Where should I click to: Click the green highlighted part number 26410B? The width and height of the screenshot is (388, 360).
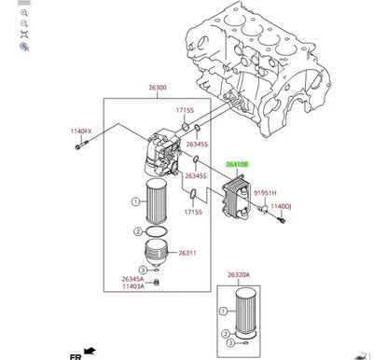[237, 164]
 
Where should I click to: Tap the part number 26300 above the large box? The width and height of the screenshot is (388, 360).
[158, 88]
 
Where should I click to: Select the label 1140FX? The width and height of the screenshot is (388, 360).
[81, 132]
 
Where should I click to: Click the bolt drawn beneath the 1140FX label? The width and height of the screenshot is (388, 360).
[81, 145]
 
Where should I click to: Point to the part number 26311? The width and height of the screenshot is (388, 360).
[187, 253]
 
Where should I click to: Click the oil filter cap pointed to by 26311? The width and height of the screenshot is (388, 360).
[157, 253]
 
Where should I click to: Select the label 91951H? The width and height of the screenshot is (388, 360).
[265, 193]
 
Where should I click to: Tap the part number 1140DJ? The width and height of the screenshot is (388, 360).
[281, 206]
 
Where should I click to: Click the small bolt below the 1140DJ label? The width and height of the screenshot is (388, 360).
[282, 220]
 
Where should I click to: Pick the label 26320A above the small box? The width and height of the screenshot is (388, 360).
[239, 275]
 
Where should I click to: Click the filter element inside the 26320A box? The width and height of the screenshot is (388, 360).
[245, 312]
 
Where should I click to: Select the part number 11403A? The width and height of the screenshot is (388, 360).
[133, 286]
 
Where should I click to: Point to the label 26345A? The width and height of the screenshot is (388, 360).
[132, 279]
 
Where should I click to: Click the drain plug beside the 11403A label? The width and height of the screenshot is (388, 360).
[157, 283]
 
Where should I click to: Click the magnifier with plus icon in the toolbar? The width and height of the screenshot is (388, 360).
[24, 13]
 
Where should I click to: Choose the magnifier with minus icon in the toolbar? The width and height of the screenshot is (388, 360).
[24, 23]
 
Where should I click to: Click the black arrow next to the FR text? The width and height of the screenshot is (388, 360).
[90, 351]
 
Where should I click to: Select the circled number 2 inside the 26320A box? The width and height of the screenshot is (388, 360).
[226, 334]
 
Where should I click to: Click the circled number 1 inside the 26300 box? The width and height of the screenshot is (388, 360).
[135, 202]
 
